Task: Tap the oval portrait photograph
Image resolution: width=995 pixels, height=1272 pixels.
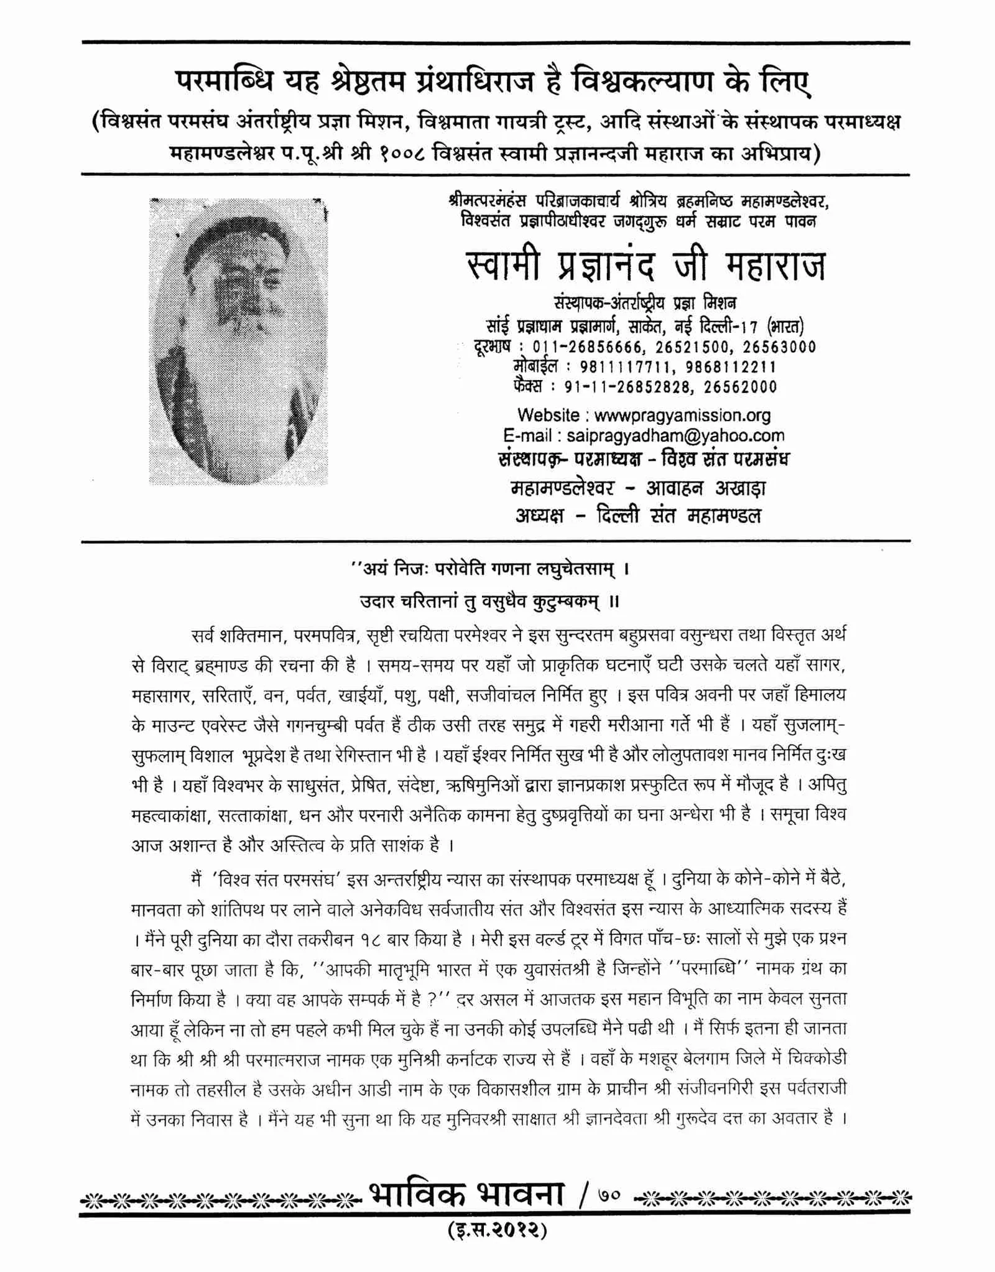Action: [239, 341]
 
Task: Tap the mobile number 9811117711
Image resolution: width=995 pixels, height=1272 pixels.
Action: [624, 367]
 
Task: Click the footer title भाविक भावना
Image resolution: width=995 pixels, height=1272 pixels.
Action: [468, 1194]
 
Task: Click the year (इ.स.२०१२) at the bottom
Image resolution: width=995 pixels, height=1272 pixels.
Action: [497, 1230]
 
